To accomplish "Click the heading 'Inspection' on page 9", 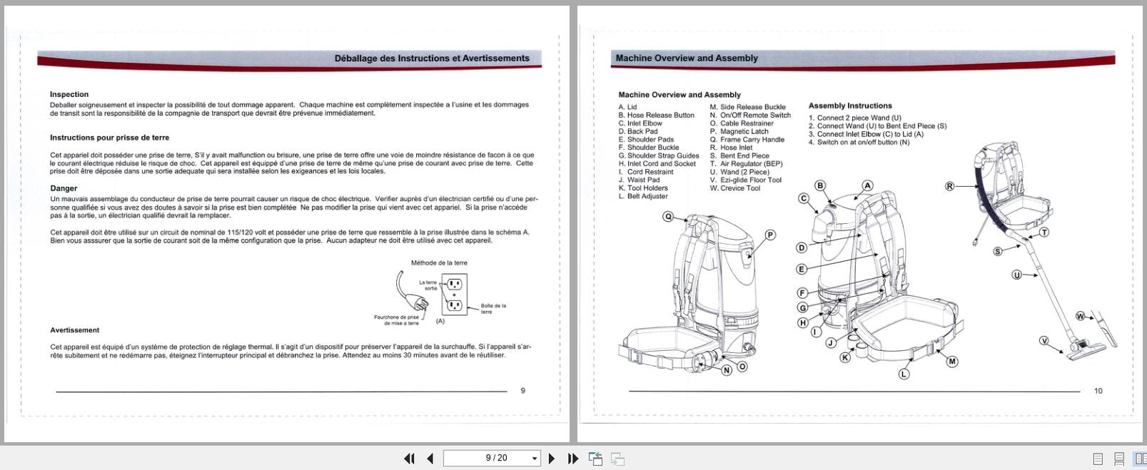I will point(69,94).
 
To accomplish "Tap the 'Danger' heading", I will point(64,188).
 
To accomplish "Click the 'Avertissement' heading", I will point(74,330).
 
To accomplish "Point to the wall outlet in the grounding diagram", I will point(454,295).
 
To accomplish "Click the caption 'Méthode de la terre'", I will point(439,263).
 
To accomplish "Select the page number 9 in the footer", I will point(523,391).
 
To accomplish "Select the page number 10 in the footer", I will point(1098,391).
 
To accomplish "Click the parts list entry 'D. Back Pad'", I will point(638,131).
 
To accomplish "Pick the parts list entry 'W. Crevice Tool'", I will point(734,188).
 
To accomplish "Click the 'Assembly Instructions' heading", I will point(850,106).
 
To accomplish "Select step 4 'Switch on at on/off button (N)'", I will point(859,143).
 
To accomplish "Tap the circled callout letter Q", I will point(668,217).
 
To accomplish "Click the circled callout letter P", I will point(770,235).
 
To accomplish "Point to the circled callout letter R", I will point(950,186).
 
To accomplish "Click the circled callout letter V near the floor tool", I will point(1044,341).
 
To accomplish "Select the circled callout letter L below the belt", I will point(904,374).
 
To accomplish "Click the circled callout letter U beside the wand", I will point(1016,275).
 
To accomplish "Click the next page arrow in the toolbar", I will point(551,459).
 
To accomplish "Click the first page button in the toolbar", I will point(409,459).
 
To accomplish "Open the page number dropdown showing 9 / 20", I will point(535,459).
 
